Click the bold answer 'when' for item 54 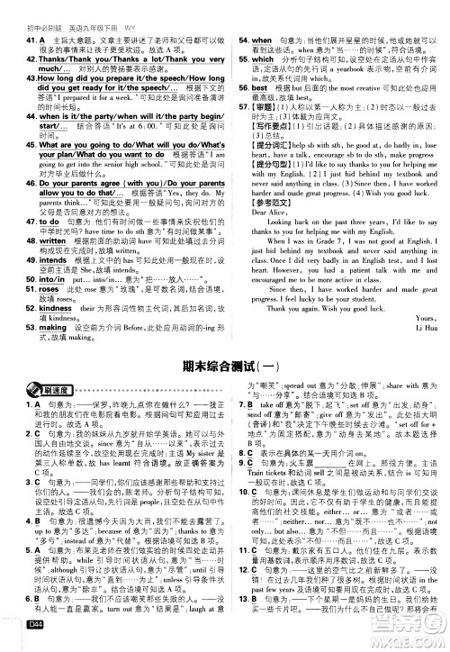[261, 42]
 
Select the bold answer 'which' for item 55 [263, 59]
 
